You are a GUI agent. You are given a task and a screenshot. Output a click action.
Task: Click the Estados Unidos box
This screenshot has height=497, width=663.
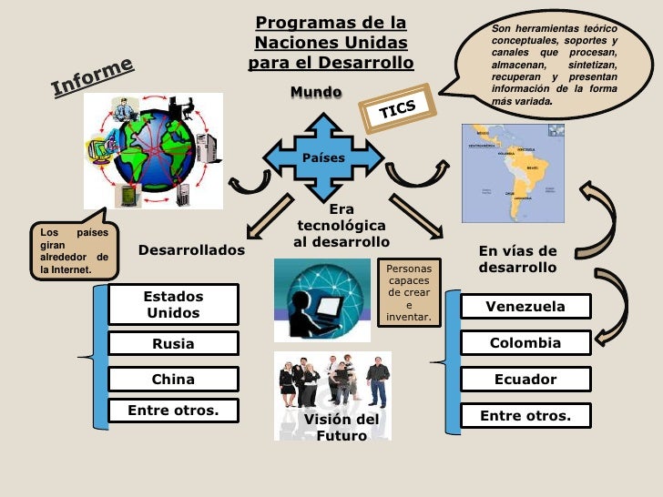tap(173, 305)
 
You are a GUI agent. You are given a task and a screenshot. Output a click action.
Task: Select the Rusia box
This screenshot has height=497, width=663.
tap(173, 344)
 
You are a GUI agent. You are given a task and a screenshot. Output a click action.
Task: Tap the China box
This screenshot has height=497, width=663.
tap(173, 379)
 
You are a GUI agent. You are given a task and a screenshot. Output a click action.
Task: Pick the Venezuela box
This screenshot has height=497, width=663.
tap(525, 307)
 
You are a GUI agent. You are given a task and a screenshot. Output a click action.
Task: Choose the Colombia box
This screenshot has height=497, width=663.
tap(525, 343)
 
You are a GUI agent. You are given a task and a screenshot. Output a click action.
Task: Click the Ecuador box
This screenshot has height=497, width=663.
tap(525, 380)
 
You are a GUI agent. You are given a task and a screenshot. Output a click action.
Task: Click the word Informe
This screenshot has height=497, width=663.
tap(92, 76)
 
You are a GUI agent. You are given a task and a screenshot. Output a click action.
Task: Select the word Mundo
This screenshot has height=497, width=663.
tap(315, 93)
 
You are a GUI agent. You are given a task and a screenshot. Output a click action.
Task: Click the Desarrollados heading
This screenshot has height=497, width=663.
tap(191, 249)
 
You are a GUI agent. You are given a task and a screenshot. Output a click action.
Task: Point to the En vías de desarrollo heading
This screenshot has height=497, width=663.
tap(517, 259)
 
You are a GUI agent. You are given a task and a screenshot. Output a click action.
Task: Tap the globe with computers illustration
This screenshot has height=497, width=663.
tap(152, 151)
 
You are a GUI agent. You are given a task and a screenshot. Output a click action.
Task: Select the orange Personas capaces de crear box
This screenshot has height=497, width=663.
tap(409, 293)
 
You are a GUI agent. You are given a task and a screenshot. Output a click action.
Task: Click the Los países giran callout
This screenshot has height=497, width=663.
tap(73, 250)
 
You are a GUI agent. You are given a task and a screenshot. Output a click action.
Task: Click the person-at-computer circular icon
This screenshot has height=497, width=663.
tap(321, 299)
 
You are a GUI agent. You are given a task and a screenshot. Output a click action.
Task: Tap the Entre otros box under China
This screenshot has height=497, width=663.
tap(173, 411)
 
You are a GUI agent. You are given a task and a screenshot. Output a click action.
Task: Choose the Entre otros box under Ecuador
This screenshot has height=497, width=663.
tap(525, 416)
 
